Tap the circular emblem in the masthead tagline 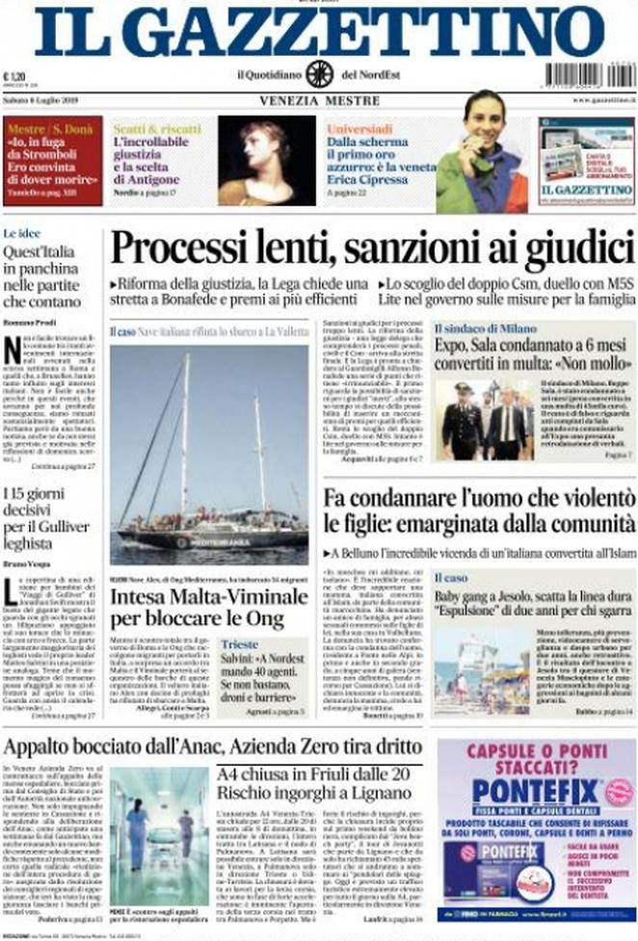point(319,74)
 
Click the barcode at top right point(590,74)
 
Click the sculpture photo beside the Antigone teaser point(266,162)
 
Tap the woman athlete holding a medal point(482,154)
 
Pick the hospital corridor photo point(158,835)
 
